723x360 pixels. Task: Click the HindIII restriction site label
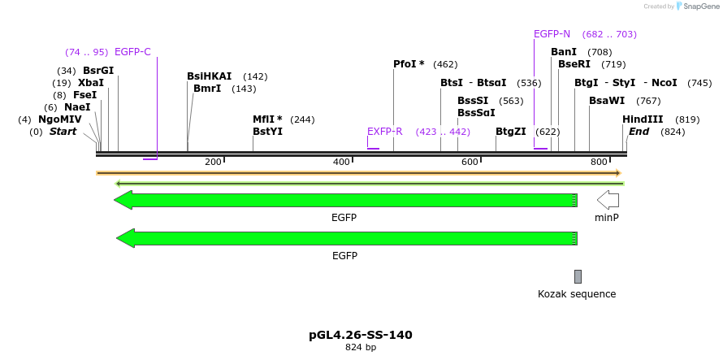[643, 119]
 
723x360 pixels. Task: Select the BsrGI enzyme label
[98, 70]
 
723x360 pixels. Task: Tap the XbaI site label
[91, 82]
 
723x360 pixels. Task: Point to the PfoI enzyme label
[409, 63]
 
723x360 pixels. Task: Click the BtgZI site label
[511, 131]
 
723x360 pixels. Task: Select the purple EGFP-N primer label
[552, 34]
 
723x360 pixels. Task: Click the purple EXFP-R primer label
[385, 131]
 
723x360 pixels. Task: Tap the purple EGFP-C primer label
[132, 52]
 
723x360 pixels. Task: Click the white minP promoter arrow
[608, 200]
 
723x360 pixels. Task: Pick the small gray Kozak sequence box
[578, 276]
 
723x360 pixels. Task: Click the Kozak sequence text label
[577, 294]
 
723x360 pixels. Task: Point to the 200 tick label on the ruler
[213, 163]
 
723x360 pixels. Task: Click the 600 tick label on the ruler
[470, 163]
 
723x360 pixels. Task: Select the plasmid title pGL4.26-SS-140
[361, 335]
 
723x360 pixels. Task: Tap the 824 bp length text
[361, 348]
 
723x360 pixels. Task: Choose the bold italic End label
[639, 132]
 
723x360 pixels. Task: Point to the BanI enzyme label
[564, 52]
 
